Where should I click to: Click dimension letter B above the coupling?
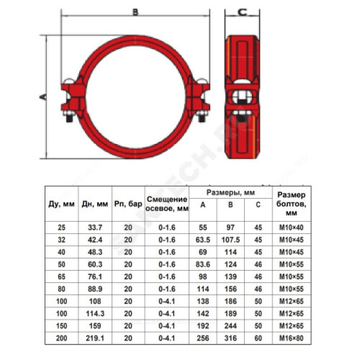point(135,12)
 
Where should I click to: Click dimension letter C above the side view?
point(243,12)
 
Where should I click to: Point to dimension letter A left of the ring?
point(43,97)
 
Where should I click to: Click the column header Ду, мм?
point(62,204)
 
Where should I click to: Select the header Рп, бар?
point(128,204)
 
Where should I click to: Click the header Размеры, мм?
point(230,193)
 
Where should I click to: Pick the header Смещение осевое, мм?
point(167,204)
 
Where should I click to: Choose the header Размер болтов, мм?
point(291,204)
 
